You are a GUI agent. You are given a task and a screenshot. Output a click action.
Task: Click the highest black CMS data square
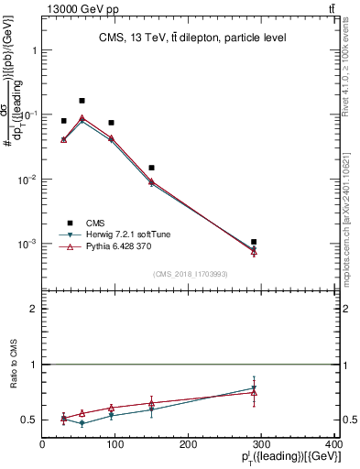coord(82,101)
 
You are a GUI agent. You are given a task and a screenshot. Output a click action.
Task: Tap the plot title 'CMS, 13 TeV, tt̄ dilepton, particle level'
coord(191,38)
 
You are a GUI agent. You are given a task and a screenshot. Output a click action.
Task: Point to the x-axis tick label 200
coord(188,444)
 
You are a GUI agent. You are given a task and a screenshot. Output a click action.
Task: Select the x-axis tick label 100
coord(115,444)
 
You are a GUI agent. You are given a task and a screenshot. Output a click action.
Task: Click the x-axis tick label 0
coord(42,444)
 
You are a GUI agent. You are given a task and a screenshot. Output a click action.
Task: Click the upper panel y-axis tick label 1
coord(34,50)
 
